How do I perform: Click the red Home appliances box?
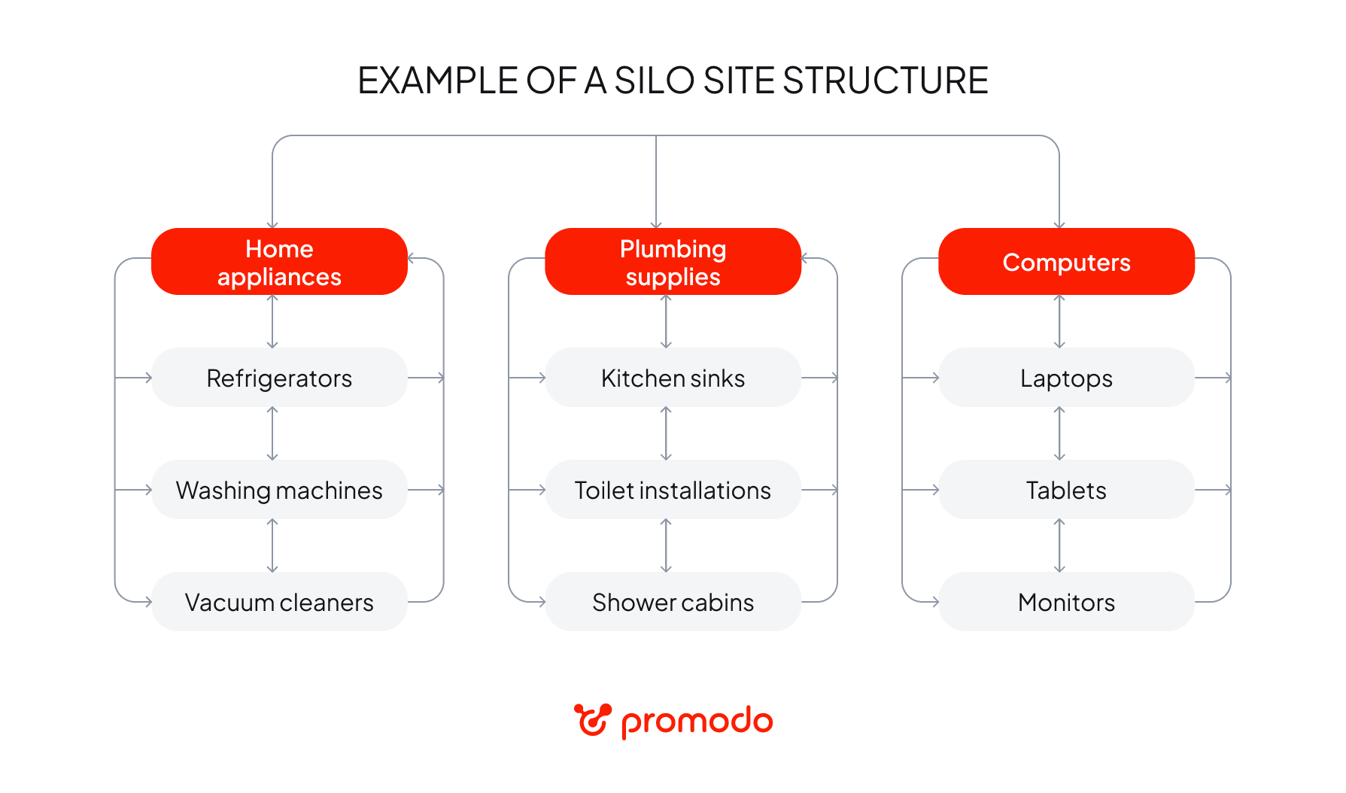click(x=279, y=262)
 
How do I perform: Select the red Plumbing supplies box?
click(x=673, y=262)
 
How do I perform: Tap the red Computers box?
click(x=1066, y=262)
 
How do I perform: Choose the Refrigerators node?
click(x=279, y=378)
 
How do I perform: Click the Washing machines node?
click(x=279, y=490)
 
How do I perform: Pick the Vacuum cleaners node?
click(x=279, y=602)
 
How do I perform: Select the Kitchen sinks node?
click(x=673, y=378)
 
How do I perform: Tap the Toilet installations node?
click(x=673, y=490)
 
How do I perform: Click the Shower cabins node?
click(x=673, y=602)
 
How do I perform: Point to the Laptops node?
click(x=1066, y=378)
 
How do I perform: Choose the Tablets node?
click(x=1066, y=490)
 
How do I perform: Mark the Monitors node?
click(x=1066, y=602)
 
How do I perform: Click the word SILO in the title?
click(x=654, y=81)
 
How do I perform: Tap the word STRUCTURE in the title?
click(x=885, y=81)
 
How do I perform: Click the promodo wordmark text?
click(x=697, y=722)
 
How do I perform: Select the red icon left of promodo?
click(x=592, y=720)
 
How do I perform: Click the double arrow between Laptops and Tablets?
click(x=1059, y=433)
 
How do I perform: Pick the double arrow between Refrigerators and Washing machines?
click(x=272, y=433)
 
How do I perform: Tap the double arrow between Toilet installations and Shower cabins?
click(x=666, y=545)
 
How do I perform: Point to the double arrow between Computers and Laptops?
click(x=1059, y=321)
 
